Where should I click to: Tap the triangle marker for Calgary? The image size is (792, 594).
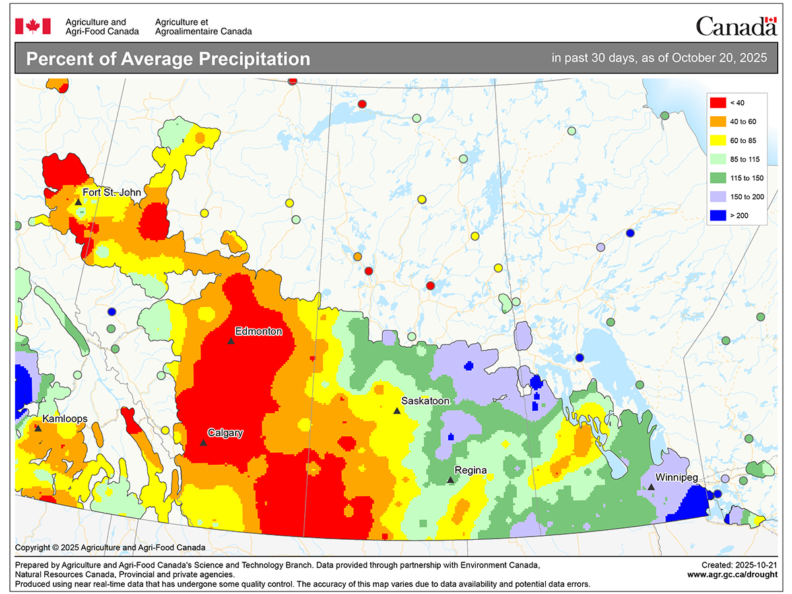coord(203,442)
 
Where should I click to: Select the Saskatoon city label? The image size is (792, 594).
coord(426,401)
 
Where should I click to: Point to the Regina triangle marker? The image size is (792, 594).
coord(451,480)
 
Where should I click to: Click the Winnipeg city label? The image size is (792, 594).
coord(676,477)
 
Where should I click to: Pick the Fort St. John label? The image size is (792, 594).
coord(112,192)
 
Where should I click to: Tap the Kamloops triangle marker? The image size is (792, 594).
coord(38,428)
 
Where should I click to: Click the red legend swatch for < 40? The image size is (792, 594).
coord(717,102)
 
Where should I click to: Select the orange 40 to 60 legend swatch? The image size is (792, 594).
coord(717,121)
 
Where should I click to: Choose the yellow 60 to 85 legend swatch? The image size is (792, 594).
coord(717,140)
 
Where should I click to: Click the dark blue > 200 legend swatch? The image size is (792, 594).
coord(717,215)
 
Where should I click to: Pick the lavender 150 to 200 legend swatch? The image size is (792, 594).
coord(717,197)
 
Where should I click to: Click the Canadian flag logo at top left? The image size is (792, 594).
coord(33,26)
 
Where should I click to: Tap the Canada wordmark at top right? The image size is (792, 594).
coord(736,26)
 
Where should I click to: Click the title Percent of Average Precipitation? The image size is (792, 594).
coord(168,59)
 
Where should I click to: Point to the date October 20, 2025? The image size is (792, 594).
coord(719,58)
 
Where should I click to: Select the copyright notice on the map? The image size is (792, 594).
coord(110,547)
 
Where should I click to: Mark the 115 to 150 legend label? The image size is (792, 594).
coord(748,178)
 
